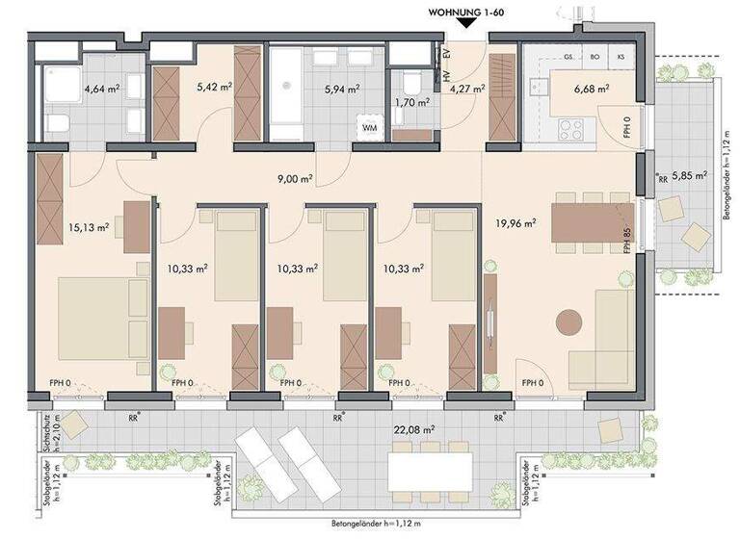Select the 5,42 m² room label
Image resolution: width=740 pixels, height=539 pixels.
(x=213, y=86)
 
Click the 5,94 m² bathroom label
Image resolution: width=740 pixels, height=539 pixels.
(x=342, y=89)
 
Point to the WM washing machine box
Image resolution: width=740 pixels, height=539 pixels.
(x=369, y=126)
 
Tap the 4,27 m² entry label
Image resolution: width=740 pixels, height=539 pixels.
(x=468, y=89)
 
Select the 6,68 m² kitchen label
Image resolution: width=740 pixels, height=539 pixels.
(x=590, y=89)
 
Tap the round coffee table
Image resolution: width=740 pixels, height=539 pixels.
(x=569, y=321)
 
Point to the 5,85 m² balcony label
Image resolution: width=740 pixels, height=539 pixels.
(x=690, y=176)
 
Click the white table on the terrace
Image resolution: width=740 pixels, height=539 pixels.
(x=430, y=470)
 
